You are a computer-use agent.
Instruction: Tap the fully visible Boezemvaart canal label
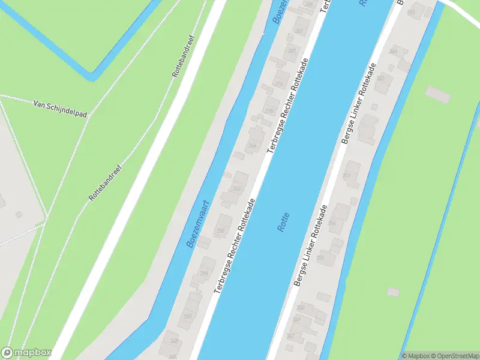[198, 224]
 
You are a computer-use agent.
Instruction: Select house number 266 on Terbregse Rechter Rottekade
[253, 146]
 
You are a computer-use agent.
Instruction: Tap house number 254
[204, 273]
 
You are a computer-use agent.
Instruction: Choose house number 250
[188, 316]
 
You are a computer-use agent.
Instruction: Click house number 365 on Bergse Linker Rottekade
[411, 12]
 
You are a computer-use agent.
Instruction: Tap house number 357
[346, 175]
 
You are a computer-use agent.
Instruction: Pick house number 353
[320, 259]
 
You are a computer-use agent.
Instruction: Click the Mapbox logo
[26, 353]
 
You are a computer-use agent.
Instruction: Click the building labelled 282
[299, 31]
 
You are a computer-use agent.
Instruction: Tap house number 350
[300, 307]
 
